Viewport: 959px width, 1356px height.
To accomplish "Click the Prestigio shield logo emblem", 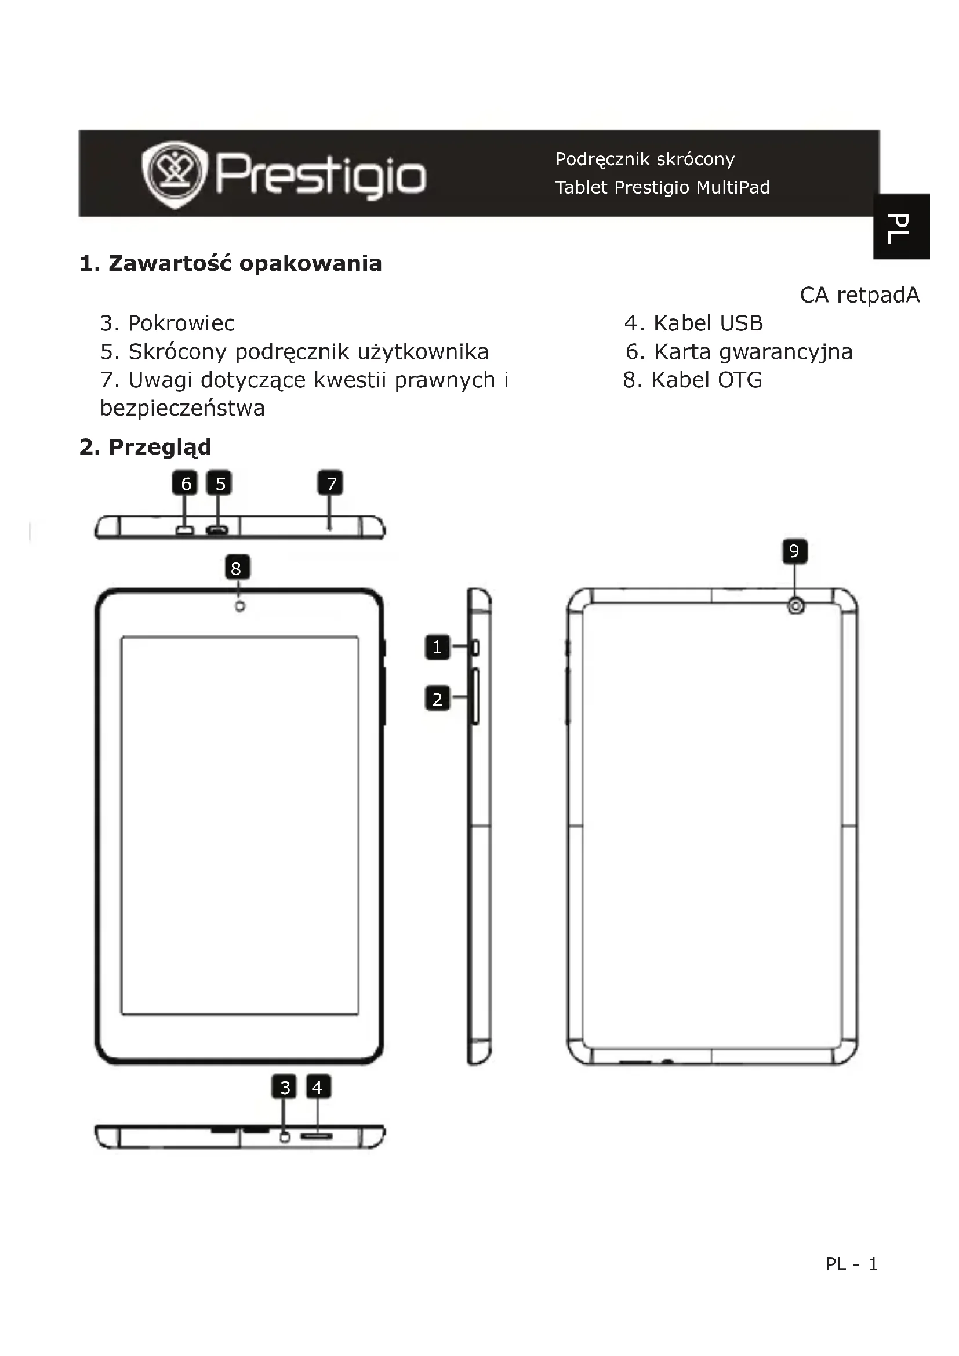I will pos(175,175).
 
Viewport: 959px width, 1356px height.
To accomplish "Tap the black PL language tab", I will pos(902,226).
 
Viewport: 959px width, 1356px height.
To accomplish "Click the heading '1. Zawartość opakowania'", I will pos(230,263).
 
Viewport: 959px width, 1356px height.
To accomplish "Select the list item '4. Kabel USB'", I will pos(693,323).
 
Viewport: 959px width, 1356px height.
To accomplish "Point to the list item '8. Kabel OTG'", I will pos(692,380).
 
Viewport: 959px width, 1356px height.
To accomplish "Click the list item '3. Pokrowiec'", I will pos(167,323).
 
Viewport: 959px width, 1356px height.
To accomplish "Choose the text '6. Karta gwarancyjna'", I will pos(739,351).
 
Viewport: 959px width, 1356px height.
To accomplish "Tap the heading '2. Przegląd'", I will pos(146,447).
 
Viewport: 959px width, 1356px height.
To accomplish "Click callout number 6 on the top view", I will pos(186,483).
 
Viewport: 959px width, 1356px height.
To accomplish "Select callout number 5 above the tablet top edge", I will pos(220,483).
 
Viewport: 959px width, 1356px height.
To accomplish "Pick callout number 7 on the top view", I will pos(331,483).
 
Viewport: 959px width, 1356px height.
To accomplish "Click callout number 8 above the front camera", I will pos(237,568).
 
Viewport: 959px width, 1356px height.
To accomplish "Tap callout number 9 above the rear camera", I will pos(794,551).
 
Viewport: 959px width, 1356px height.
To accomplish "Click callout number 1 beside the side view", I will pos(437,647).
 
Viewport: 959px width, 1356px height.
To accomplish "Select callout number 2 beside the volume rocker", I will pos(437,699).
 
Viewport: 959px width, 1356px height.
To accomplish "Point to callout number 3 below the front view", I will pos(285,1087).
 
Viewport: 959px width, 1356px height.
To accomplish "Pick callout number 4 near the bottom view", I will pos(317,1087).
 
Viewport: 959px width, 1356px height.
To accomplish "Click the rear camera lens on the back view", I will pos(796,605).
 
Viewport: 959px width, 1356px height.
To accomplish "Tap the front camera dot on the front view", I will pos(240,606).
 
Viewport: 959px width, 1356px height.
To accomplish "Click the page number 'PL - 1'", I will pos(852,1264).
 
